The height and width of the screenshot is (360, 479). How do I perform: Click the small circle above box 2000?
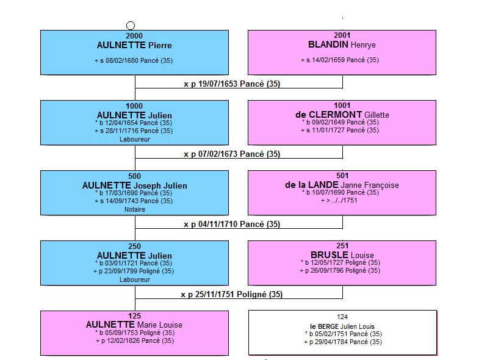pos(131,26)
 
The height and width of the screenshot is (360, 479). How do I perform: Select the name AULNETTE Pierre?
pos(134,45)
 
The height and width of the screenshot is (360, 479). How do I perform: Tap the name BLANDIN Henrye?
pos(342,45)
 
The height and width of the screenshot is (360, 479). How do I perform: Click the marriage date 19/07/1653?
pos(217,84)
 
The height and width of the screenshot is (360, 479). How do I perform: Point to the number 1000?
pos(134,106)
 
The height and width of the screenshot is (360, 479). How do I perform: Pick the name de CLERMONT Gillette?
pos(342,115)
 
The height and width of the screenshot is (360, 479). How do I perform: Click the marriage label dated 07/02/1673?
pos(232,154)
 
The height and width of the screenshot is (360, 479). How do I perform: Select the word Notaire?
pos(135,209)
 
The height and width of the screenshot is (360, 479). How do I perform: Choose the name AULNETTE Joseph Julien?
pos(134,185)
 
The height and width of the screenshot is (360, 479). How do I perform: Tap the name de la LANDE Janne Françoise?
pos(342,185)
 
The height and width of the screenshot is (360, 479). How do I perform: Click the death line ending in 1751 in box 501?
pos(339,201)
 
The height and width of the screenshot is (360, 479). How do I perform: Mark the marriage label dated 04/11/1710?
pos(232,224)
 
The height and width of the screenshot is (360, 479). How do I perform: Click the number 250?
pos(134,247)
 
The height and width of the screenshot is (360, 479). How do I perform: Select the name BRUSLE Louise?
pos(342,255)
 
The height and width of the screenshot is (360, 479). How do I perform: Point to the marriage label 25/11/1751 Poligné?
pos(231,294)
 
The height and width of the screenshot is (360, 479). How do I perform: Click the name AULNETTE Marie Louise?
pos(134,325)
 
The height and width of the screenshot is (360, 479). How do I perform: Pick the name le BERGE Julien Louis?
pos(342,326)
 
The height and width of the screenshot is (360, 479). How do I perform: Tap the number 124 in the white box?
pos(342,317)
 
